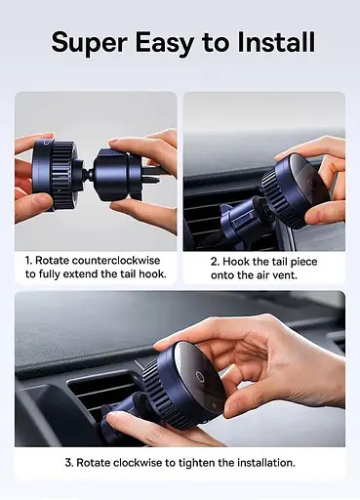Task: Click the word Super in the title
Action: pyautogui.click(x=89, y=43)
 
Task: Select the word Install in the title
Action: pyautogui.click(x=276, y=42)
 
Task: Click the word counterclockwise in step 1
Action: pyautogui.click(x=116, y=261)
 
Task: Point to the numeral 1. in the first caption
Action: pyautogui.click(x=28, y=261)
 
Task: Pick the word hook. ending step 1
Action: pyautogui.click(x=152, y=273)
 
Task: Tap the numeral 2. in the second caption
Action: pyautogui.click(x=215, y=262)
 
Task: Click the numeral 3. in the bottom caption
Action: pyautogui.click(x=69, y=463)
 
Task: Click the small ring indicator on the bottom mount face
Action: pyautogui.click(x=199, y=377)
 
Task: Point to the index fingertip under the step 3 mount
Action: pyautogui.click(x=112, y=418)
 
